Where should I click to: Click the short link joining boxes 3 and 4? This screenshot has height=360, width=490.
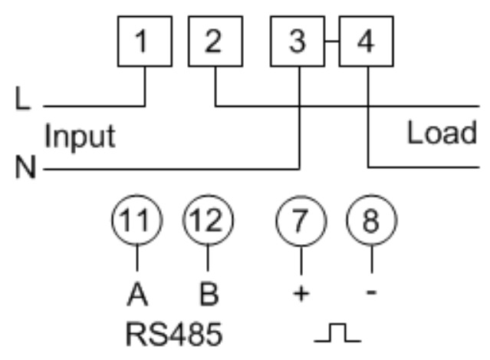tap(332, 41)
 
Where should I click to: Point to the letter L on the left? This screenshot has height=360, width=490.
tap(22, 98)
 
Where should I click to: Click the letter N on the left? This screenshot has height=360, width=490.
tap(25, 167)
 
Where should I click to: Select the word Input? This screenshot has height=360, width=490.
tap(80, 137)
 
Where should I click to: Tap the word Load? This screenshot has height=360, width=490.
tap(442, 133)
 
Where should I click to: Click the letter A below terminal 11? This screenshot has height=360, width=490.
tap(137, 294)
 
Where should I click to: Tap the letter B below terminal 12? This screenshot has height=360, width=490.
tap(209, 294)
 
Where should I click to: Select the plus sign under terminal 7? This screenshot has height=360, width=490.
tap(301, 294)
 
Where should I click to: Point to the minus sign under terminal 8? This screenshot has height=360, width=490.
tap(371, 292)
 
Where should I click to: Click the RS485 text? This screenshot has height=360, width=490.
tap(174, 335)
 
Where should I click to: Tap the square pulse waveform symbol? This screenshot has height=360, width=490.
tap(338, 332)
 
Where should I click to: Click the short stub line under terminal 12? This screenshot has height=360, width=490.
tap(208, 258)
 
